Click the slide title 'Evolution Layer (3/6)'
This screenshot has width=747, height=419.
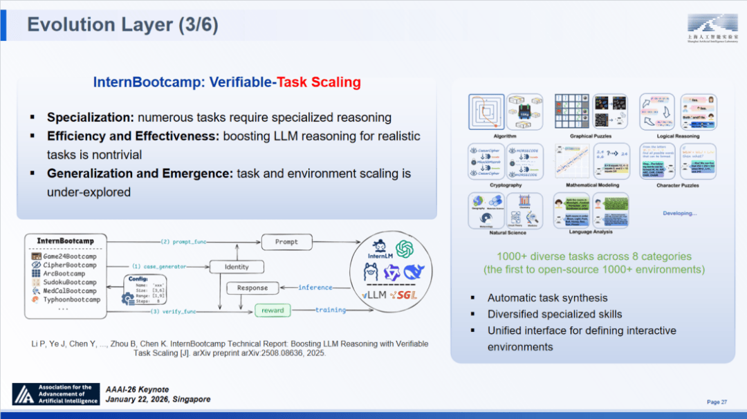(x=122, y=25)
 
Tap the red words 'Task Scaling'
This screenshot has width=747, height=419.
(x=319, y=82)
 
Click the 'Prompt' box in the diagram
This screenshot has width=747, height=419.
(x=286, y=242)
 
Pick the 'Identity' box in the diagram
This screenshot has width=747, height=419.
(x=237, y=267)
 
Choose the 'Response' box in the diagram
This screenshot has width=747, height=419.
(x=252, y=288)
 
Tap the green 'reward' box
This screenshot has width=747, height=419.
(x=273, y=310)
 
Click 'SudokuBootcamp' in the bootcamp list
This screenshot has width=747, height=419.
(x=69, y=282)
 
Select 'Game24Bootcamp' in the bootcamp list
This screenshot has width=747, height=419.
(x=69, y=257)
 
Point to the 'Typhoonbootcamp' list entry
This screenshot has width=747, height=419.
(x=71, y=299)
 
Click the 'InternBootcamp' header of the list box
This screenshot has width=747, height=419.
(x=65, y=241)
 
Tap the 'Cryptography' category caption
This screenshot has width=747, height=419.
(x=505, y=185)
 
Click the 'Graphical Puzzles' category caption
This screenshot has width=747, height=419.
(x=590, y=136)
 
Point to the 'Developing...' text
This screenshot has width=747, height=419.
(x=680, y=214)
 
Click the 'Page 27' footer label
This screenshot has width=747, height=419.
(x=717, y=402)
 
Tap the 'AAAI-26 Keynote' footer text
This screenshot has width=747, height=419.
(x=137, y=390)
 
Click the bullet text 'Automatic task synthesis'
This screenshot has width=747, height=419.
(x=547, y=298)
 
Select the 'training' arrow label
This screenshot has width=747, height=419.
(x=331, y=310)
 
